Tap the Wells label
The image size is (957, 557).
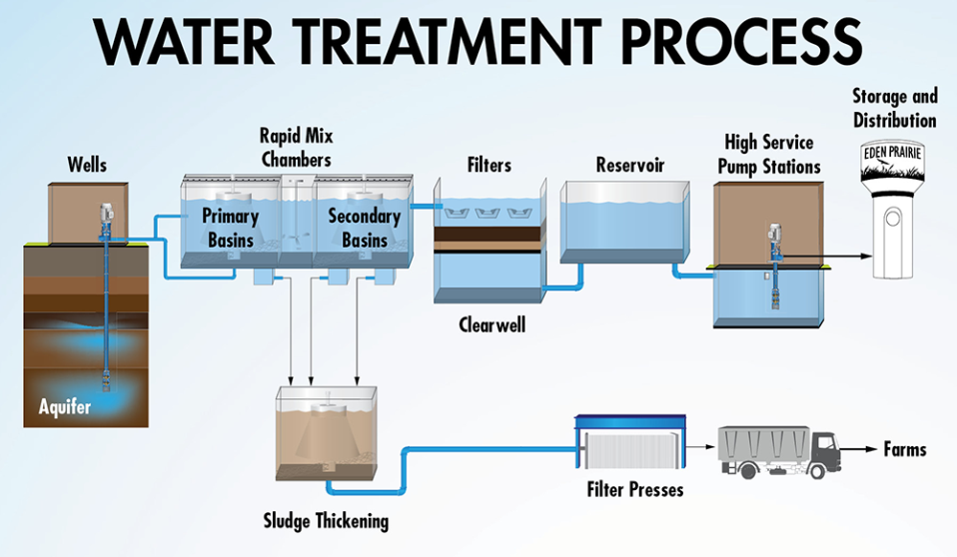88,163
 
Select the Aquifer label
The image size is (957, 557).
64,406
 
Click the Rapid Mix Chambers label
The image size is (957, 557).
295,146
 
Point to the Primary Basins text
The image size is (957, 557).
230,228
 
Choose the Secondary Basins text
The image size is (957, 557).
364,228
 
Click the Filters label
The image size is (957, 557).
488,164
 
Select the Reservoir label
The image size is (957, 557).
629,164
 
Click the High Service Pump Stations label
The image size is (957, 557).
768,154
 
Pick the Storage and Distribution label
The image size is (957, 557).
894,108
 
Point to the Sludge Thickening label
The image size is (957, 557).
326,521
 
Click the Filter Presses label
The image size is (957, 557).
635,490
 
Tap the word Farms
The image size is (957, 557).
904,449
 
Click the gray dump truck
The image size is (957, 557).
778,450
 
